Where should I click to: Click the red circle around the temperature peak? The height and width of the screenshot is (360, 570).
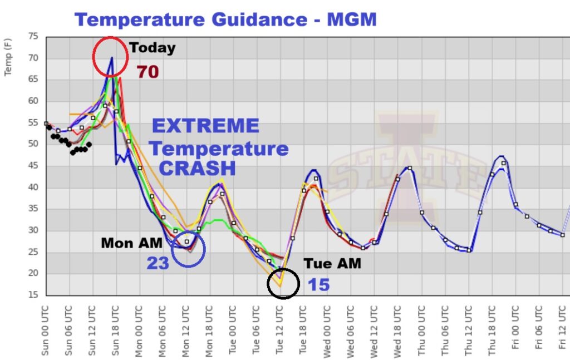pyautogui.click(x=110, y=56)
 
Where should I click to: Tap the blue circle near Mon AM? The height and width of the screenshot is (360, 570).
pyautogui.click(x=188, y=250)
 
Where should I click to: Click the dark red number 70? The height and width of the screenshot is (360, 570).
pyautogui.click(x=148, y=72)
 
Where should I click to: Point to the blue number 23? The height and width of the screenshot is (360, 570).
pyautogui.click(x=158, y=263)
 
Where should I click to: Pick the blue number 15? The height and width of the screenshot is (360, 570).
pyautogui.click(x=319, y=285)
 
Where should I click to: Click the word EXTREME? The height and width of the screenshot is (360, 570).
pyautogui.click(x=205, y=126)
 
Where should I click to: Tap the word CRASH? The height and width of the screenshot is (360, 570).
pyautogui.click(x=198, y=168)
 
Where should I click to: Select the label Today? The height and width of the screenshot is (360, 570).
pyautogui.click(x=152, y=48)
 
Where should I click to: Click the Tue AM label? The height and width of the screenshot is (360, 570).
pyautogui.click(x=332, y=263)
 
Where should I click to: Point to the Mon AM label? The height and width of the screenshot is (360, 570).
pyautogui.click(x=131, y=243)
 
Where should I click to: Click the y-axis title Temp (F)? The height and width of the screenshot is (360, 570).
pyautogui.click(x=9, y=61)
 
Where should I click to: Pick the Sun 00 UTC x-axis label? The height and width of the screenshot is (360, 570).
pyautogui.click(x=46, y=326)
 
